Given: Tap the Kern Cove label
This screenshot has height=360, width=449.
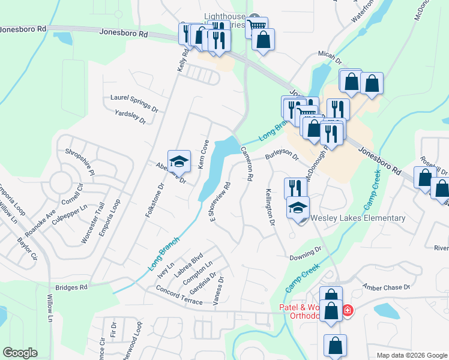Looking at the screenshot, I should tap(203, 155).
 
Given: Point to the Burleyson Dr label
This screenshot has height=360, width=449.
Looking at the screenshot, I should tap(282, 155).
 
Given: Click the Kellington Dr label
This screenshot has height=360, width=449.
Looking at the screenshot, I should tap(270, 207).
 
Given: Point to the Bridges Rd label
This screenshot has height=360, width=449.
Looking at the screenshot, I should tap(71, 287).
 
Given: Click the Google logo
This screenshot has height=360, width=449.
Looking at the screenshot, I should tap(20, 353).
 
